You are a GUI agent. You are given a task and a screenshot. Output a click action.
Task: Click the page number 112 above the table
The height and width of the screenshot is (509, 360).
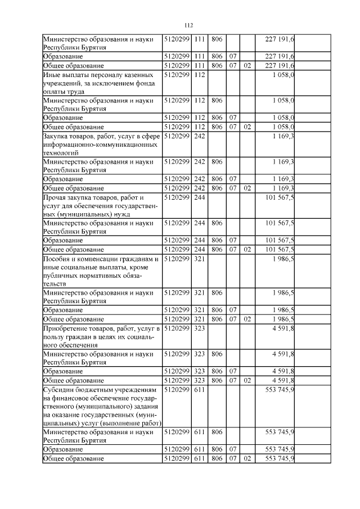point(188,25)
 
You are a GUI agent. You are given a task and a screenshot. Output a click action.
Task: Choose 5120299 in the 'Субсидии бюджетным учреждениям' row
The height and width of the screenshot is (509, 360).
point(177,390)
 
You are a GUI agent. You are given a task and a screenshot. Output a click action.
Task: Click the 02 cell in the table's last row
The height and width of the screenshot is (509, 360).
point(246,459)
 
